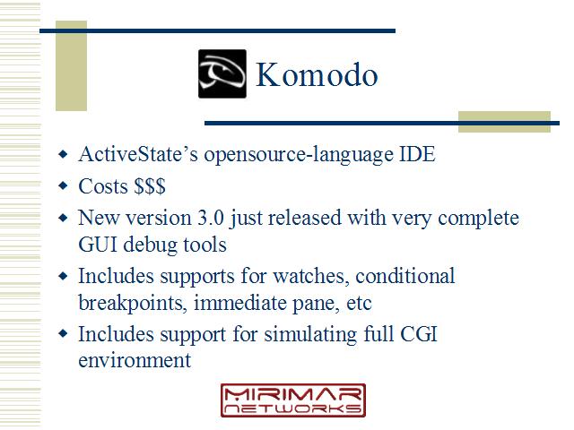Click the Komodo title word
click(x=317, y=74)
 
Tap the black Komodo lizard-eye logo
click(x=222, y=73)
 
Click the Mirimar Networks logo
click(x=293, y=400)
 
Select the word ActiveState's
click(x=138, y=154)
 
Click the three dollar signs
click(x=150, y=186)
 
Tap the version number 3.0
click(x=211, y=218)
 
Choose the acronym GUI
click(x=98, y=245)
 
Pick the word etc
click(x=359, y=304)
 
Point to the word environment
click(x=135, y=360)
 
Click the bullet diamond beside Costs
click(x=63, y=185)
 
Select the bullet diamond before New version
click(x=63, y=218)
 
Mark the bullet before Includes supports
click(x=63, y=276)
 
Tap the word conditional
click(x=405, y=276)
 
